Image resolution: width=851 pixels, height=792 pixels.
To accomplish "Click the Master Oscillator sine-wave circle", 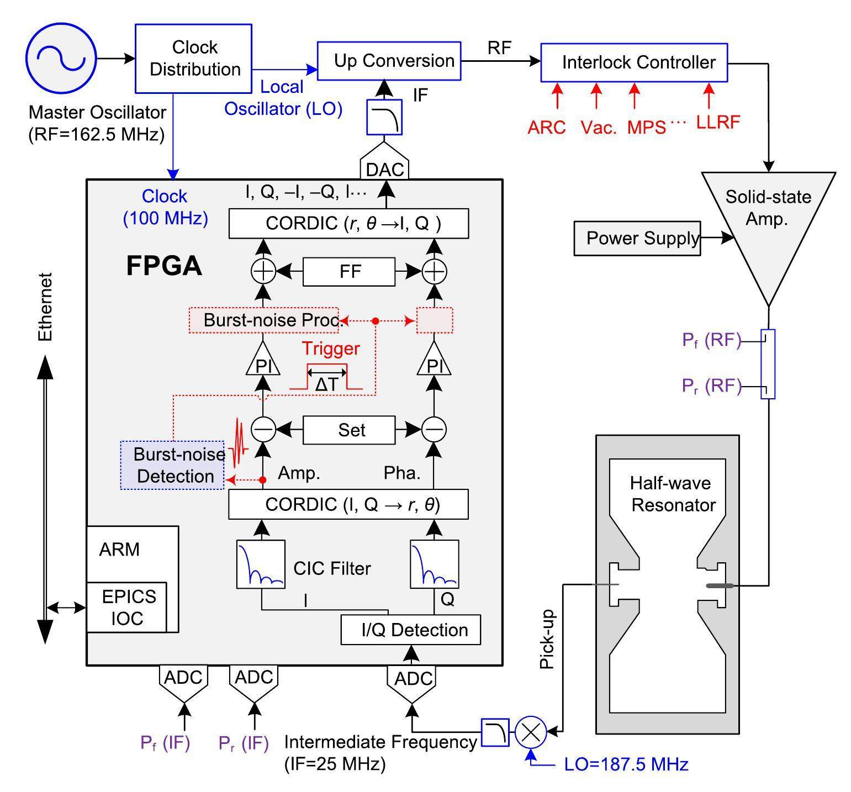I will (x=61, y=57).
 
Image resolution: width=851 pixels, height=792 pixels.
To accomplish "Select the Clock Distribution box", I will (x=194, y=58).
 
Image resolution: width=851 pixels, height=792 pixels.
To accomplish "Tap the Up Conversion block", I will (x=389, y=61).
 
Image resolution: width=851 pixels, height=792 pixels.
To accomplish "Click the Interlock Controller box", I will (x=634, y=62).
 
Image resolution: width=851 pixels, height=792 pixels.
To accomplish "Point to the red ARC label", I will (x=546, y=128).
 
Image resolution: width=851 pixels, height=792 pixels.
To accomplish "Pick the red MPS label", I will (x=646, y=128).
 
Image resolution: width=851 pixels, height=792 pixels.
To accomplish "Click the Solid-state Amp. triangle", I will (x=768, y=221).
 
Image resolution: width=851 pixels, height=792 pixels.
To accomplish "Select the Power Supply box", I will (x=637, y=239).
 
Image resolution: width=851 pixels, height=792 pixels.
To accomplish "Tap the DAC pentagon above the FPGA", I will (x=385, y=167).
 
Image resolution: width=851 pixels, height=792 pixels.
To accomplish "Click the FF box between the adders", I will (x=349, y=271).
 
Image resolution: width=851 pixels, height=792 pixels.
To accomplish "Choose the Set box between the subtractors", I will (x=349, y=430).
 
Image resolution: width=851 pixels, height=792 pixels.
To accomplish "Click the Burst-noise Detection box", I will (x=172, y=465).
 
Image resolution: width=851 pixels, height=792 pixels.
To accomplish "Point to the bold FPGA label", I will (x=164, y=266).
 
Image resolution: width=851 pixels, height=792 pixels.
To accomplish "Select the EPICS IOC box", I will (x=127, y=607).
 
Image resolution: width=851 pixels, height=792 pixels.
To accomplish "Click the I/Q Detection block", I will (x=411, y=630).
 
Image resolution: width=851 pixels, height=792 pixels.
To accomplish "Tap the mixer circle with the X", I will (x=531, y=732).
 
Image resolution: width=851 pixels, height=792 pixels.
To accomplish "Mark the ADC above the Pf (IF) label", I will (x=183, y=682).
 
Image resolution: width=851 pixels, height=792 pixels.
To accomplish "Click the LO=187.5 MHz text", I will (x=626, y=765).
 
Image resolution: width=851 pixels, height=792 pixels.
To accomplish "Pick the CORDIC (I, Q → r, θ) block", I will (x=349, y=504).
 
